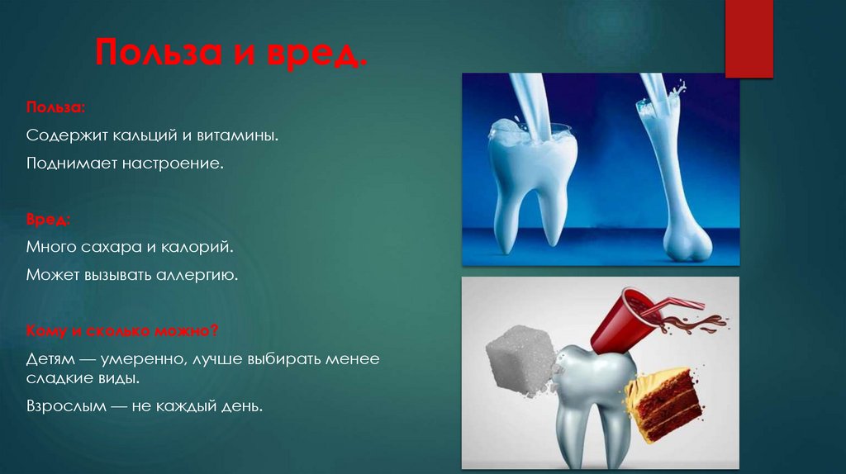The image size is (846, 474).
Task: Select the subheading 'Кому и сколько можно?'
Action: tap(121, 331)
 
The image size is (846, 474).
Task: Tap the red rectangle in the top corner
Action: tap(748, 37)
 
